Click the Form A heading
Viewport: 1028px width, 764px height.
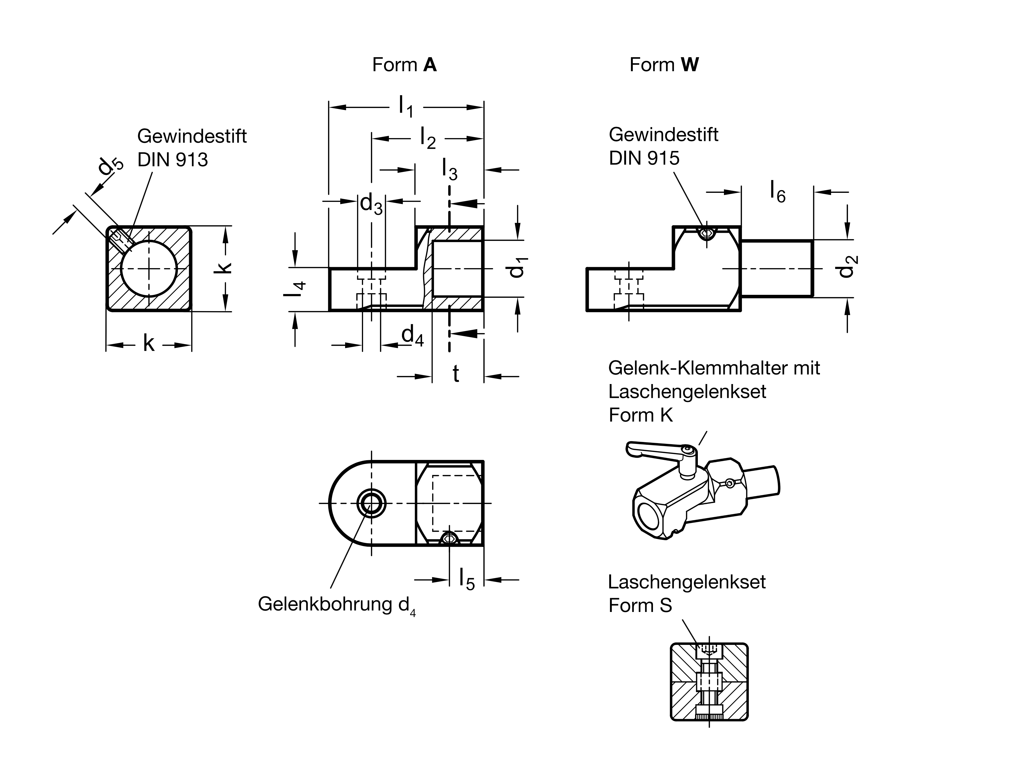click(404, 65)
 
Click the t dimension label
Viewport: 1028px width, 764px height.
click(456, 374)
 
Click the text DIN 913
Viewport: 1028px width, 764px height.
click(172, 160)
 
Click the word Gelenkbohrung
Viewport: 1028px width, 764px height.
click(325, 604)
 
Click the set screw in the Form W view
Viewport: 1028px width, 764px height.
click(706, 234)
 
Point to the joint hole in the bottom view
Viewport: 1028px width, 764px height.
click(371, 503)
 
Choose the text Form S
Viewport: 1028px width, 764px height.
click(640, 605)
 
